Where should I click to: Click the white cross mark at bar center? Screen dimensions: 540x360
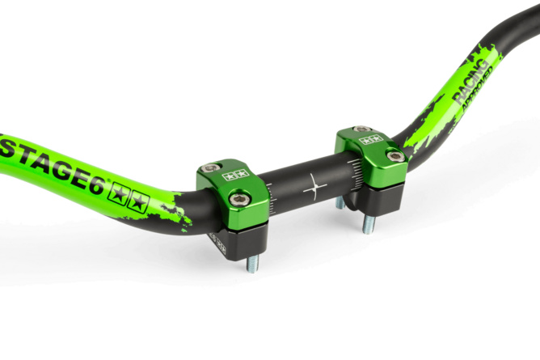pos(314,187)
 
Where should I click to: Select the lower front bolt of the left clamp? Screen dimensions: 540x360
pos(238,199)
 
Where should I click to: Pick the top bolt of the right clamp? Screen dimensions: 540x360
pos(361,129)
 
